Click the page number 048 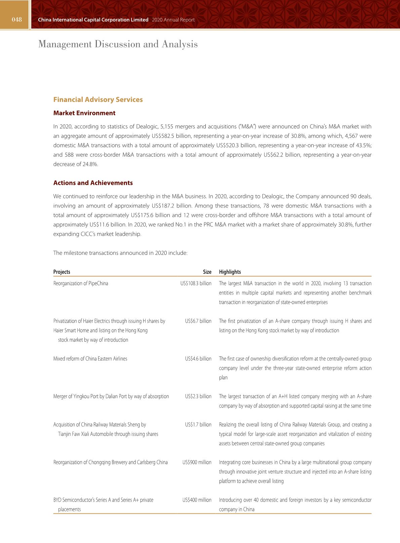[16, 20]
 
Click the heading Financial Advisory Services [98, 100]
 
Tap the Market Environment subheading [84, 113]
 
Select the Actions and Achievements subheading [93, 183]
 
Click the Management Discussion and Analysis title [118, 44]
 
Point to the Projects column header [62, 272]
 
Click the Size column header [207, 272]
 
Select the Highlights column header [230, 272]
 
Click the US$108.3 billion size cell [196, 283]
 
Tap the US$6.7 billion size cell [198, 321]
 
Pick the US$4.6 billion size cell [198, 359]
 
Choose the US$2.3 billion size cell [198, 396]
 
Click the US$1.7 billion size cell [198, 425]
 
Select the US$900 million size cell [197, 462]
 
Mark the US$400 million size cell [197, 500]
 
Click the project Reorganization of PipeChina [81, 283]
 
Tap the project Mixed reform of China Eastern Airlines [90, 359]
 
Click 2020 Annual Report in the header [173, 20]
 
